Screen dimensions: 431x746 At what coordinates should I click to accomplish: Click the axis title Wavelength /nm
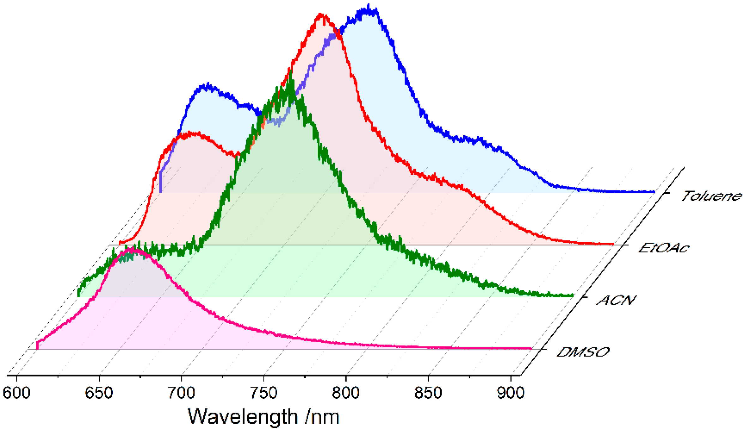(263, 417)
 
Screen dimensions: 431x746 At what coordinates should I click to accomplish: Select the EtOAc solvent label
(664, 248)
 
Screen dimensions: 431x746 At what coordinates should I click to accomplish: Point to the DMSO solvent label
(583, 352)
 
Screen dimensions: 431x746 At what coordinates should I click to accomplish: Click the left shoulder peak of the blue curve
(208, 85)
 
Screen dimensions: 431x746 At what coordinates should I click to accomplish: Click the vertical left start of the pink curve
(38, 345)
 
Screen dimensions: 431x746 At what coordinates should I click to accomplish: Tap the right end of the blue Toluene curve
(654, 192)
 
